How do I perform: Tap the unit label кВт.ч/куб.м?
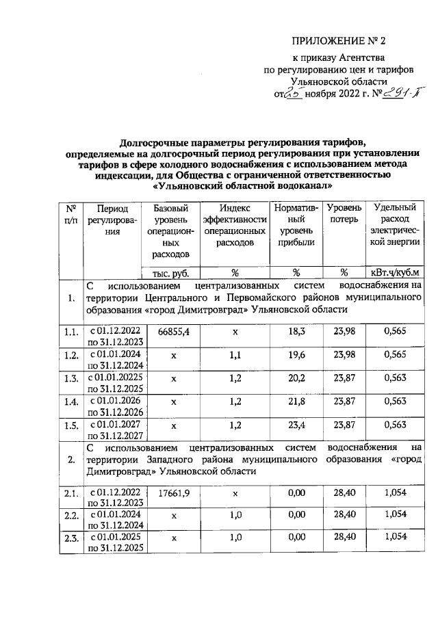(396, 272)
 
